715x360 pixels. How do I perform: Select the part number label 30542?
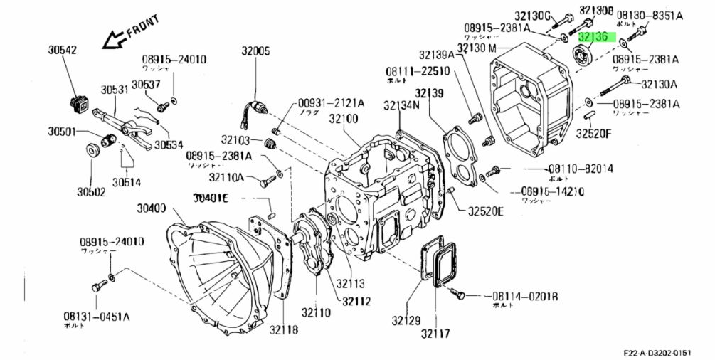[63, 51]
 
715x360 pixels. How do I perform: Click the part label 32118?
[283, 330]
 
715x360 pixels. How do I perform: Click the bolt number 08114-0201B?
[523, 296]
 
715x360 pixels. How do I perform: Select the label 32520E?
[485, 211]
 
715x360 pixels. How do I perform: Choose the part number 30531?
[114, 90]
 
